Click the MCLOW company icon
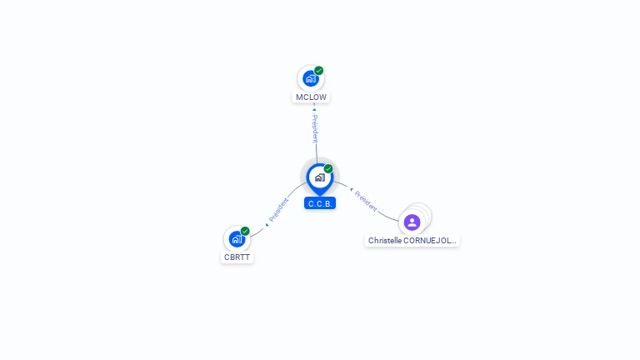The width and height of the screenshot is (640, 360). pyautogui.click(x=310, y=79)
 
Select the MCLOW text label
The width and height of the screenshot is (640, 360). pyautogui.click(x=311, y=97)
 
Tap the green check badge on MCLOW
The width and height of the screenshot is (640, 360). pyautogui.click(x=319, y=71)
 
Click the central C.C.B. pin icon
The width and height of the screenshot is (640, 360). pyautogui.click(x=319, y=177)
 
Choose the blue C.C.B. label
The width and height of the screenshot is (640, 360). pyautogui.click(x=320, y=203)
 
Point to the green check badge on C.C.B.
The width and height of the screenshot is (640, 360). pyautogui.click(x=328, y=169)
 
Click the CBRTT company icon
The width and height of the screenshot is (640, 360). pyautogui.click(x=237, y=239)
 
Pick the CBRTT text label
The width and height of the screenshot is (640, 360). pyautogui.click(x=237, y=257)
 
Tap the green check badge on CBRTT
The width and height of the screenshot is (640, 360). pyautogui.click(x=245, y=231)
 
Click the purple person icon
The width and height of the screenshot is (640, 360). pyautogui.click(x=412, y=222)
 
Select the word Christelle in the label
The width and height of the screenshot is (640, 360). pyautogui.click(x=386, y=241)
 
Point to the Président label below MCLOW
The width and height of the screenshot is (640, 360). pyautogui.click(x=315, y=129)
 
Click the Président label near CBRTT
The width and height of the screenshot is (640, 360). pyautogui.click(x=279, y=209)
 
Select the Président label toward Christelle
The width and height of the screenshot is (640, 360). pyautogui.click(x=366, y=200)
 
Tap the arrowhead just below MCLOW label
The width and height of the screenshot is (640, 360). pyautogui.click(x=314, y=108)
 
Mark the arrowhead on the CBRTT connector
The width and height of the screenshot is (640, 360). pyautogui.click(x=266, y=224)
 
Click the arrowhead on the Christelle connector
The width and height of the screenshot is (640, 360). pyautogui.click(x=352, y=190)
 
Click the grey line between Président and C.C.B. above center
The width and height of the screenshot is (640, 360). pyautogui.click(x=317, y=152)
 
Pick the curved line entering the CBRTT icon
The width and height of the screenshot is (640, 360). pyautogui.click(x=256, y=232)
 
